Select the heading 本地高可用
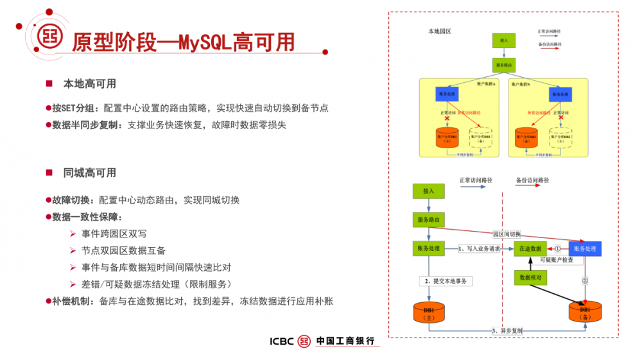pos(89,84)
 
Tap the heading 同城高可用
pos(89,173)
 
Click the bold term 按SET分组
pos(76,108)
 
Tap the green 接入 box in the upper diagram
pos(503,40)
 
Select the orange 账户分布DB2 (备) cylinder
pos(525,137)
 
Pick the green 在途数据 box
pos(530,248)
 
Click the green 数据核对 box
pos(530,278)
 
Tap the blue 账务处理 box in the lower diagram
pos(584,248)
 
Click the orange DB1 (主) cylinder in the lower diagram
pos(429,313)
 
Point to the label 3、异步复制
pos(507,330)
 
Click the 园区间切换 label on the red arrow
pos(507,234)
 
